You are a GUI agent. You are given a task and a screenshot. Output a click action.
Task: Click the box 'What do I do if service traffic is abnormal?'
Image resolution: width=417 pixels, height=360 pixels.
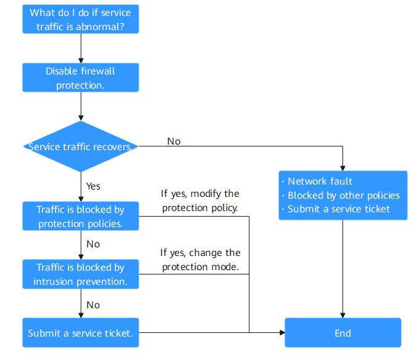[81, 19]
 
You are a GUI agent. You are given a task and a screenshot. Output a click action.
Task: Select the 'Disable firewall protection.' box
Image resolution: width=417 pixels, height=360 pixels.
[81, 78]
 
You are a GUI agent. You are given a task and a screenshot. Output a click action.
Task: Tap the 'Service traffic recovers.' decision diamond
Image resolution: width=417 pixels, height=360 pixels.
[81, 146]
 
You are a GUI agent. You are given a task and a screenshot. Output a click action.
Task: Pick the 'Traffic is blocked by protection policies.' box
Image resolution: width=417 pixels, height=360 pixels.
[81, 216]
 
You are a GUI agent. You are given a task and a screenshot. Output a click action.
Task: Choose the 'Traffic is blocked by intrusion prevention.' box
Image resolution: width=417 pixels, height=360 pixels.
[81, 274]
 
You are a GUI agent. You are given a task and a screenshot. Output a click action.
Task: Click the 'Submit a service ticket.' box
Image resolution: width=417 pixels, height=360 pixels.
[81, 333]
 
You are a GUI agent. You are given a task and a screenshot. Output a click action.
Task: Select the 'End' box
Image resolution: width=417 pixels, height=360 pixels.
[343, 333]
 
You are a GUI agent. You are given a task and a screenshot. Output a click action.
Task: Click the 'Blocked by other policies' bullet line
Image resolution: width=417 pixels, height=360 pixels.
[341, 196]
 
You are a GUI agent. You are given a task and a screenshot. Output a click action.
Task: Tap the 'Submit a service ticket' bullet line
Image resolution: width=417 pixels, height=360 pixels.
[336, 209]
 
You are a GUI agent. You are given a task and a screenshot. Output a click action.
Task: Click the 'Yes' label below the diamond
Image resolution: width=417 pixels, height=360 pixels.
[94, 186]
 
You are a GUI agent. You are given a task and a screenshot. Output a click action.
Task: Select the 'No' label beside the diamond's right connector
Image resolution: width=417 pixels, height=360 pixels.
[174, 142]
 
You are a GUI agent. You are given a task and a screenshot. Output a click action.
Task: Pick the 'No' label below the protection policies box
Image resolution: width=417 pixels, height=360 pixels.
[94, 244]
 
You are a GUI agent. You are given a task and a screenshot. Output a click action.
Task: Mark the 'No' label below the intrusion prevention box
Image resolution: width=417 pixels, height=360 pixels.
[94, 305]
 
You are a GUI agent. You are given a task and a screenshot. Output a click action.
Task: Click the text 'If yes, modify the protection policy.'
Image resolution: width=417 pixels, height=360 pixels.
[200, 201]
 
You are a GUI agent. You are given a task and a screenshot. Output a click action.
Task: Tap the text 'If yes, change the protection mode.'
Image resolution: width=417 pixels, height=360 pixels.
[200, 260]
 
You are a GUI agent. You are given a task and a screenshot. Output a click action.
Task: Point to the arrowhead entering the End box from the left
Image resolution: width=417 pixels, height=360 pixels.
[283, 333]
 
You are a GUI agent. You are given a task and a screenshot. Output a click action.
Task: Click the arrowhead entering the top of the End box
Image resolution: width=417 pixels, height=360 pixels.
[343, 316]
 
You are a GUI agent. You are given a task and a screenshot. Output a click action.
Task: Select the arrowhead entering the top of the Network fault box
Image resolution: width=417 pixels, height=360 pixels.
[343, 169]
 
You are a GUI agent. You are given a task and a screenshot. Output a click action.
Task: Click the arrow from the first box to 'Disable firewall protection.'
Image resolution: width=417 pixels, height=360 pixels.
[81, 49]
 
